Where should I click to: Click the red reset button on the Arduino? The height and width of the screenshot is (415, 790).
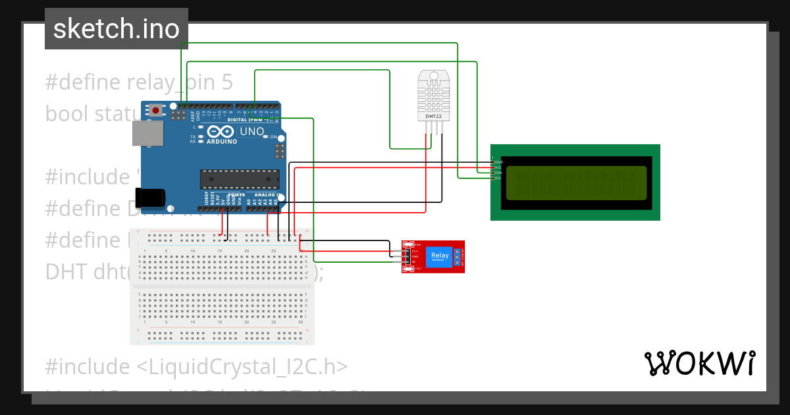tap(155, 111)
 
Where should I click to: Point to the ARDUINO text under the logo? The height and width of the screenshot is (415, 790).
tap(222, 141)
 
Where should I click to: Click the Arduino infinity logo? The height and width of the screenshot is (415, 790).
tap(221, 131)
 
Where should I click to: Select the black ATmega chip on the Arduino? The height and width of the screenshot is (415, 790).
tap(240, 179)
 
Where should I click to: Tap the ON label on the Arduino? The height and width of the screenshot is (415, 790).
tap(273, 136)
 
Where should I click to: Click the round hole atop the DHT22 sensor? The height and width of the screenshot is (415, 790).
tap(433, 76)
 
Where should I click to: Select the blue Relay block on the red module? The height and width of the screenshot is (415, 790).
tap(439, 256)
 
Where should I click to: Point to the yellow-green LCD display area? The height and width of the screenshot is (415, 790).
tap(576, 183)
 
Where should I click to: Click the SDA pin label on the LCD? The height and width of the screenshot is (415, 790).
tap(498, 173)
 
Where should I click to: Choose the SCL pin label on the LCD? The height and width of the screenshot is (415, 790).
tap(498, 178)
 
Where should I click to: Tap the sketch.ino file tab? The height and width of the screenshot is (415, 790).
tap(117, 29)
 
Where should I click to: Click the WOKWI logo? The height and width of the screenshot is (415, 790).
tap(699, 363)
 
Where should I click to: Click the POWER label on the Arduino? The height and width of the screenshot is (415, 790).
tap(236, 195)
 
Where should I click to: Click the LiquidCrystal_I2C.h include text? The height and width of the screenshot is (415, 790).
tap(196, 366)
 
